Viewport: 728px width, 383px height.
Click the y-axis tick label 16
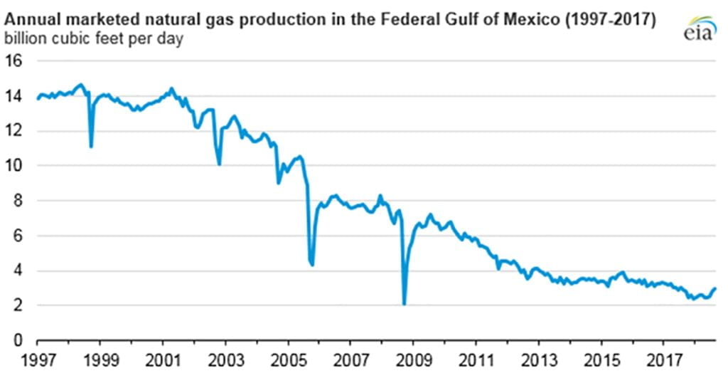(x=15, y=61)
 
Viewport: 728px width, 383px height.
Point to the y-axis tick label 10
(x=15, y=166)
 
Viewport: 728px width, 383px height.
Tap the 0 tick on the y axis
(x=19, y=340)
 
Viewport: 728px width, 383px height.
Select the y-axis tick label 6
(x=19, y=236)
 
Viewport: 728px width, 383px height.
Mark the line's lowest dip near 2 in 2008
(x=404, y=304)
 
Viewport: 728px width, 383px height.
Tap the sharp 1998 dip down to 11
(x=91, y=146)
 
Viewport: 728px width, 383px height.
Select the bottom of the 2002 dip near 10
(x=219, y=164)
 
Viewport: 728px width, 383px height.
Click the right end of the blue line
(x=714, y=288)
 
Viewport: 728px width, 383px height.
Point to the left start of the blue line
(x=37, y=99)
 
